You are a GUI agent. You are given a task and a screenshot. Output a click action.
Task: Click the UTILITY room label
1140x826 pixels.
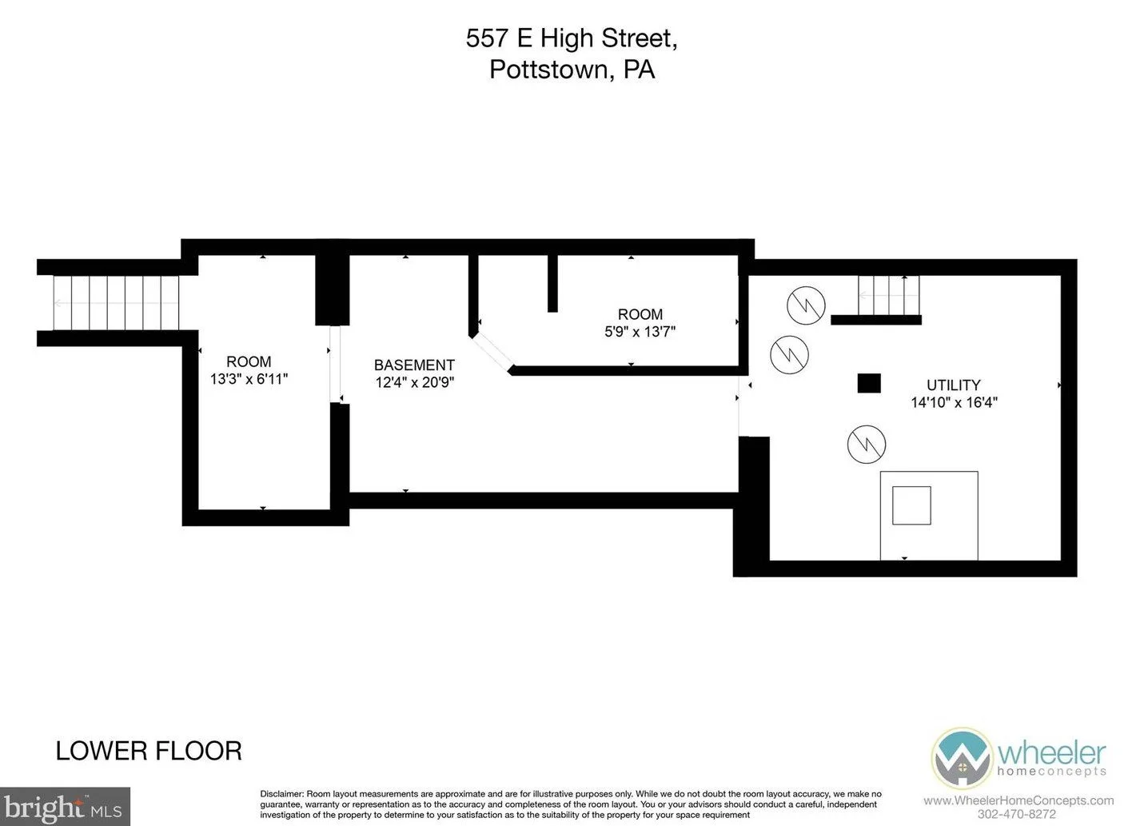(x=953, y=385)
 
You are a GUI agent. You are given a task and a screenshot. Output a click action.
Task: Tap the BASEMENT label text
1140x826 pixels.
(x=414, y=365)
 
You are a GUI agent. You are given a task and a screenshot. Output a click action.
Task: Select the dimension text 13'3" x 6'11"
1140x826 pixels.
(x=249, y=379)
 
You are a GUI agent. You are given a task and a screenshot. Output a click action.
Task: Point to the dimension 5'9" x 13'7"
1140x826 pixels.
(x=640, y=332)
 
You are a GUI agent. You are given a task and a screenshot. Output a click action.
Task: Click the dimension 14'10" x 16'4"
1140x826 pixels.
(x=954, y=402)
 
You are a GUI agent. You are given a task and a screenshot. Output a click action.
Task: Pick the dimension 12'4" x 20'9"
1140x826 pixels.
(x=415, y=382)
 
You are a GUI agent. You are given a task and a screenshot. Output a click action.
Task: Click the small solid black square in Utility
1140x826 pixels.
(x=869, y=383)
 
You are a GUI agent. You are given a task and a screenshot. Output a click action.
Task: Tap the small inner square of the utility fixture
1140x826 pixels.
(x=911, y=505)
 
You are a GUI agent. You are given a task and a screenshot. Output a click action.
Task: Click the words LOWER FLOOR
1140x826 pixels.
(x=149, y=751)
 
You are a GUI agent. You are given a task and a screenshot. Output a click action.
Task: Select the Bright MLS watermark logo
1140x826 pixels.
(x=65, y=807)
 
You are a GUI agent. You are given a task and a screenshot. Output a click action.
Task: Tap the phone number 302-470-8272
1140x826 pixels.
(x=1017, y=814)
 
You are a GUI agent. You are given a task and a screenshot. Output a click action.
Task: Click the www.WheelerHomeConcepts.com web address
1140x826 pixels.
(x=1018, y=800)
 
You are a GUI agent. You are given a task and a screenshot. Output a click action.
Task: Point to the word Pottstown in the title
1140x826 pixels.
(x=548, y=70)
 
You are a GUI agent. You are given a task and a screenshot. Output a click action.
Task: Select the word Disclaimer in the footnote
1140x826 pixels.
(x=282, y=794)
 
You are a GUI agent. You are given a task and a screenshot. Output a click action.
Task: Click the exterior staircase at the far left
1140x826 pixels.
(x=117, y=303)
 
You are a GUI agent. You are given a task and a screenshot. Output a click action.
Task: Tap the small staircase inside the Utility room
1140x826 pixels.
(x=889, y=295)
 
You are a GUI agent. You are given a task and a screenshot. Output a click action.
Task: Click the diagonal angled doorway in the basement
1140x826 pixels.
(x=491, y=351)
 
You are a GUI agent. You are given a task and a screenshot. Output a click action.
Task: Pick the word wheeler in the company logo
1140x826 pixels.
(x=1051, y=753)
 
